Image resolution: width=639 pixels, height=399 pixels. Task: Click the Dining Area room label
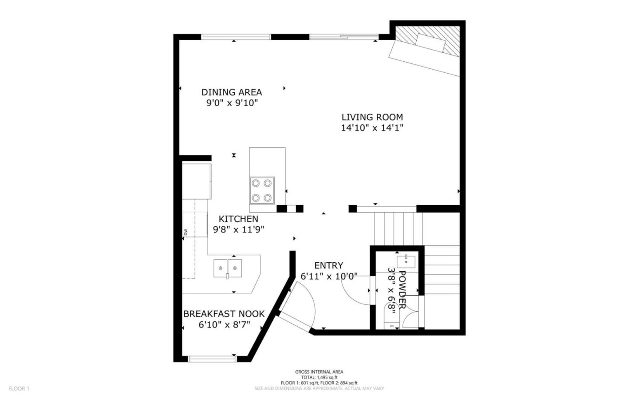(231, 92)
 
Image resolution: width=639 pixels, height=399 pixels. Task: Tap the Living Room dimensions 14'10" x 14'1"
(372, 128)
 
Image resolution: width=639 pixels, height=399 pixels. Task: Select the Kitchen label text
(238, 219)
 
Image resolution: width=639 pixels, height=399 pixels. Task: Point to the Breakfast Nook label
(224, 314)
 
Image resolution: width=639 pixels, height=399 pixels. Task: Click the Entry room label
(328, 265)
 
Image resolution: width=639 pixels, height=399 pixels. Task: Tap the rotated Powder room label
(402, 289)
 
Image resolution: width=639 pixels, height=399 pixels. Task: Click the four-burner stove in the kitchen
(261, 190)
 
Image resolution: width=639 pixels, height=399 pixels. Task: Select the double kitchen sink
(228, 268)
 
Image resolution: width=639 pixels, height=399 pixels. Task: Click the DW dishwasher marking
(185, 232)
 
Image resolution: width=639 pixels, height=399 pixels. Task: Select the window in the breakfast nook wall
(212, 358)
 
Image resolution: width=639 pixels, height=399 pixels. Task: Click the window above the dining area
(236, 37)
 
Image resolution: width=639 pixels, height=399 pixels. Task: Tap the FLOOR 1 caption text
(19, 389)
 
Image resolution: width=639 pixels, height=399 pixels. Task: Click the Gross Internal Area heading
(319, 372)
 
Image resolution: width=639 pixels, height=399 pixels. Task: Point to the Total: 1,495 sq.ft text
(319, 377)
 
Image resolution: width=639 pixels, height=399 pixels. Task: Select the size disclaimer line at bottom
(319, 388)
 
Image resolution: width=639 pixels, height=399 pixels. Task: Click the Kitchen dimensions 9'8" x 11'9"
(239, 230)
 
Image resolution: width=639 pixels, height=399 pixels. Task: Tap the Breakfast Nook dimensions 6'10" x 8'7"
(224, 325)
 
